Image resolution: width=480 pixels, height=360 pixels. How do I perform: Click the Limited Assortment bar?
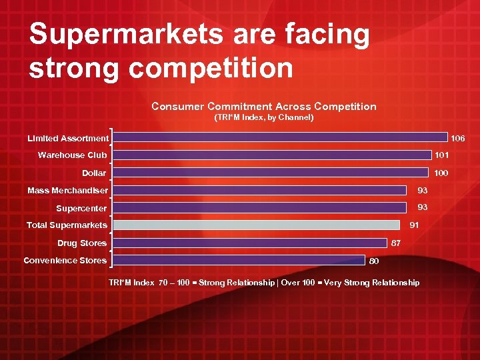tap(279, 137)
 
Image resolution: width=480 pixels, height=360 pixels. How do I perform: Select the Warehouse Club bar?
tap(271, 155)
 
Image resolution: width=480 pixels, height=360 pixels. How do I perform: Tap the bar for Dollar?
tap(269, 173)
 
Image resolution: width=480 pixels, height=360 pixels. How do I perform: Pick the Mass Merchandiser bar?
tap(259, 190)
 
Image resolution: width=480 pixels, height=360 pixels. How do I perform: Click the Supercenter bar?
tap(259, 207)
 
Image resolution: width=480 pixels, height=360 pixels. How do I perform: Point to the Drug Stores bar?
tap(249, 243)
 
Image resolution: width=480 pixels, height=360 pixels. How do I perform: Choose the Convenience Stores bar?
tap(239, 260)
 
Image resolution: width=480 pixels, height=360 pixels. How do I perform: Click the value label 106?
tap(458, 139)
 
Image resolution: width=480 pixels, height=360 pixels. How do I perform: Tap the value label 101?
tap(441, 155)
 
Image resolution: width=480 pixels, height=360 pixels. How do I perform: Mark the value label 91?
tap(414, 225)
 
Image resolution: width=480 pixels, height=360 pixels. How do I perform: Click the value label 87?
tap(395, 243)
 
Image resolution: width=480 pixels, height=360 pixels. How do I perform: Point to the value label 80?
tap(374, 261)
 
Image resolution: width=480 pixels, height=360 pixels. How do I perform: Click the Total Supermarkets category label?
tap(67, 225)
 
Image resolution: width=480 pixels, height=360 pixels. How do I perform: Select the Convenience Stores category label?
tap(65, 260)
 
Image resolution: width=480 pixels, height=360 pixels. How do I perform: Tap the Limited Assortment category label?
tap(67, 138)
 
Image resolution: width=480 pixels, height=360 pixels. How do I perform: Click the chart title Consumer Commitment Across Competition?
tap(263, 106)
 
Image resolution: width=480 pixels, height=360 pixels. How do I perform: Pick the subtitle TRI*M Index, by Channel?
tap(263, 117)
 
